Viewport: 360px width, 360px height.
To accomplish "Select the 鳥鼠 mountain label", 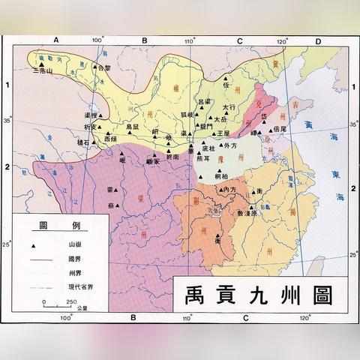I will pos(132,128).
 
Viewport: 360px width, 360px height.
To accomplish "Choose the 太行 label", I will pos(229,108).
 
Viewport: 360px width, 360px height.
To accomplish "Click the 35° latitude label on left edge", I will pos(10,120).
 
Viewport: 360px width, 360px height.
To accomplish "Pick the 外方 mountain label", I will pos(229,146).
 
